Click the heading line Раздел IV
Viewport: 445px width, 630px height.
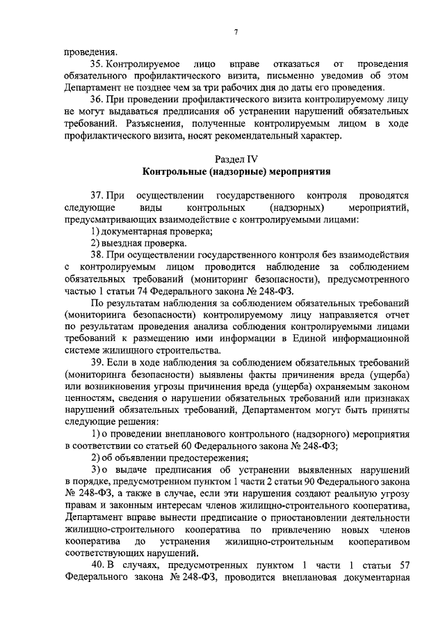tap(236, 158)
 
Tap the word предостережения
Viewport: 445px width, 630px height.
tap(202, 457)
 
